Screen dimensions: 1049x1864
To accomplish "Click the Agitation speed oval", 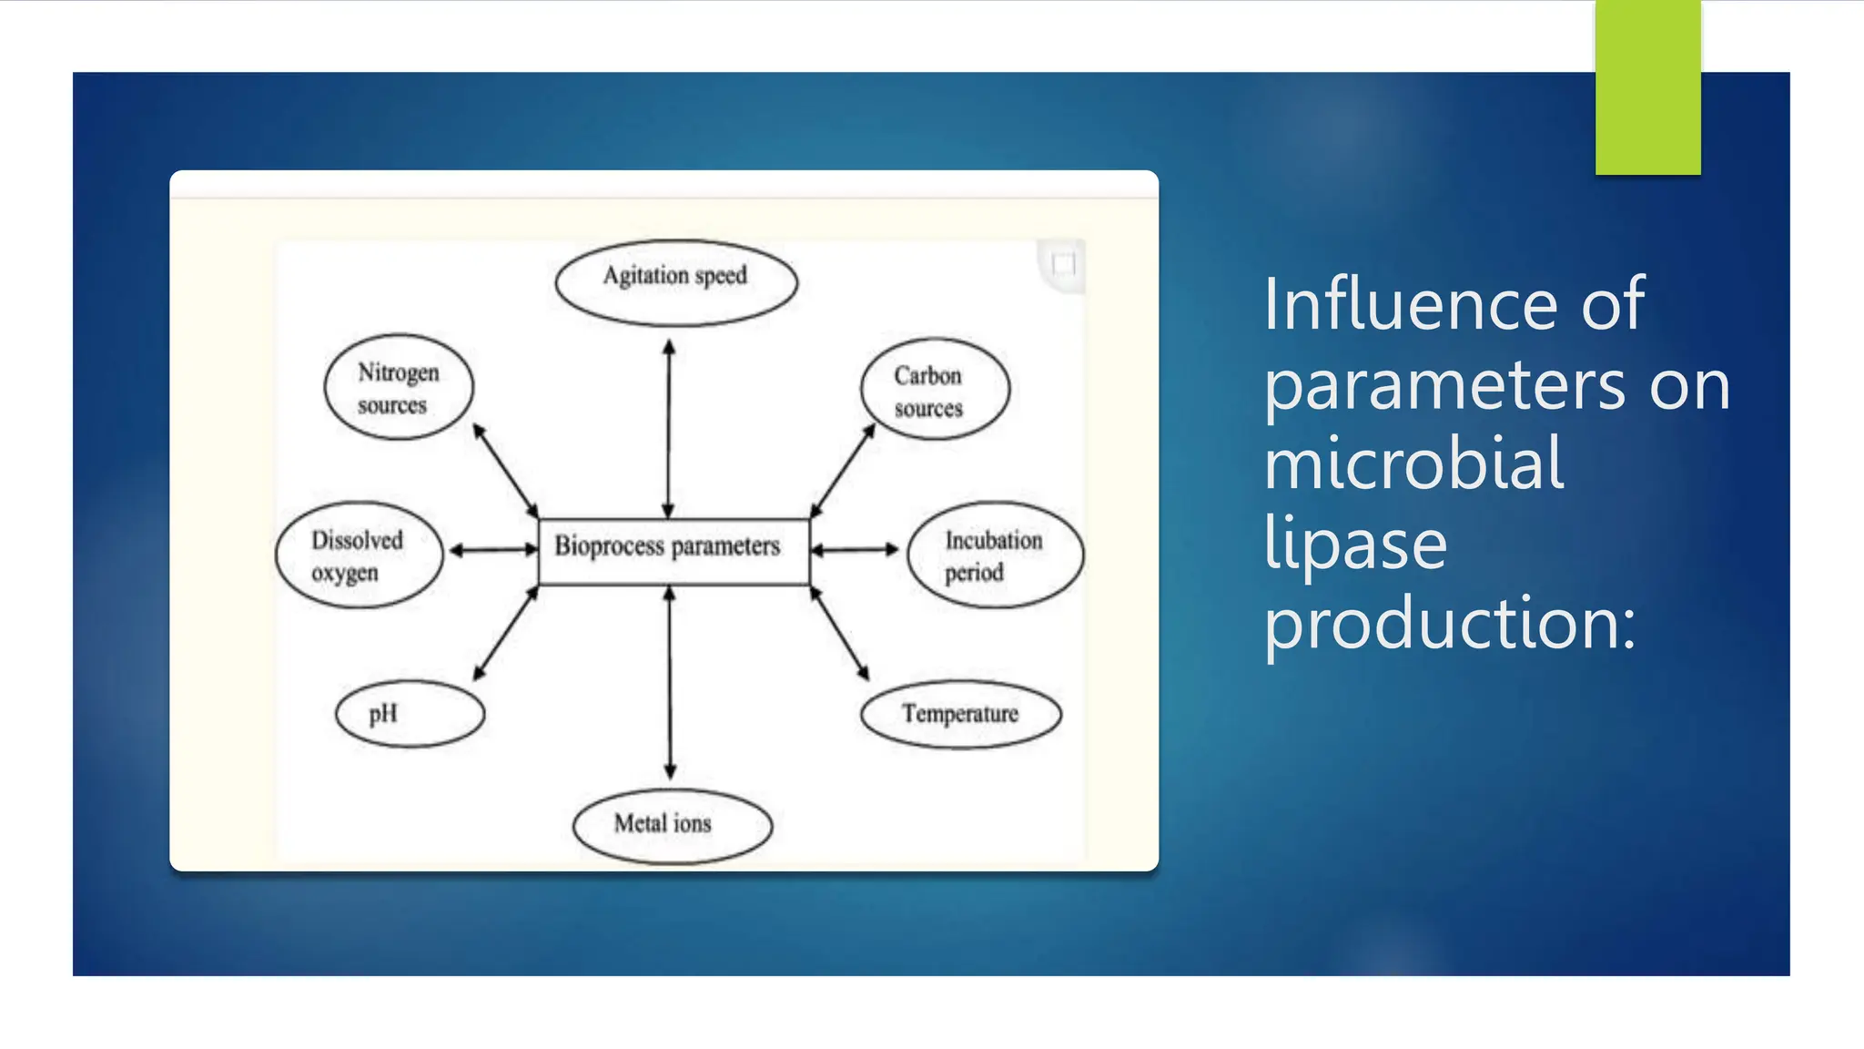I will click(676, 282).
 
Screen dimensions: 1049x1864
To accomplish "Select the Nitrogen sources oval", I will click(399, 387).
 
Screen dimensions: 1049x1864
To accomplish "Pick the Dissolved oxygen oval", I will click(360, 555).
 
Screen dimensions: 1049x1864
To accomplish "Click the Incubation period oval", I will click(995, 555).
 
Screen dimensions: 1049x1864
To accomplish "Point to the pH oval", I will click(410, 714).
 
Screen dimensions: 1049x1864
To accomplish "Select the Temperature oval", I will click(960, 715).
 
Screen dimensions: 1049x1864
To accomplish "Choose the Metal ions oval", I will click(672, 825).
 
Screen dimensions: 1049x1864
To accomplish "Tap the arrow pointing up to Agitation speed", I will click(669, 428).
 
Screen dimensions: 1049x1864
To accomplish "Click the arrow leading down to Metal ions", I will click(670, 683).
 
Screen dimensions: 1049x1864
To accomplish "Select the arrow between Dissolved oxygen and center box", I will click(492, 550).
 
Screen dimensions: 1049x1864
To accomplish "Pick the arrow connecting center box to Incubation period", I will click(854, 550).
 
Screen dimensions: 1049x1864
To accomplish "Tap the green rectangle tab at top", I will click(1647, 87).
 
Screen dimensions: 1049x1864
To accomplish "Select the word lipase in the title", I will click(1355, 544).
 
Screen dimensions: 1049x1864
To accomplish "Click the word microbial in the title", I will click(1413, 463).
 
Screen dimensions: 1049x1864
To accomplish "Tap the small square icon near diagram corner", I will click(1063, 265).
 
